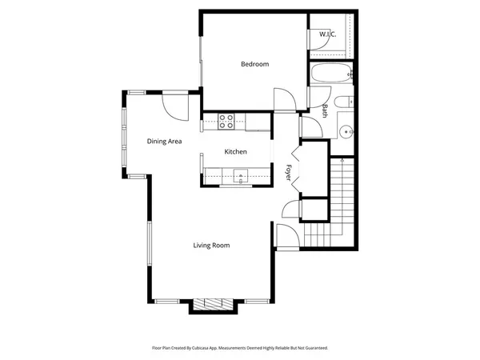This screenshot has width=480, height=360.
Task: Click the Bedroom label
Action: [255, 64]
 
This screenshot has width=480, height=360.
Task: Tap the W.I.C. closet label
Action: [327, 34]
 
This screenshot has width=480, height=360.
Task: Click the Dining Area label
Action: [164, 142]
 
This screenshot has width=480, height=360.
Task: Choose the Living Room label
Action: [211, 246]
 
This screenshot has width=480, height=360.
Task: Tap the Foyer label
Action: [289, 172]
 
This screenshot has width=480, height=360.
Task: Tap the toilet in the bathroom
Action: [345, 102]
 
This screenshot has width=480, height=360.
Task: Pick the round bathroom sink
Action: [346, 131]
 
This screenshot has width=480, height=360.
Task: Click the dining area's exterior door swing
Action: [175, 103]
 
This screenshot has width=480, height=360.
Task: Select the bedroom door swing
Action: [283, 99]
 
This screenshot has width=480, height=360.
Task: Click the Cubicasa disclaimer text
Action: [240, 348]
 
